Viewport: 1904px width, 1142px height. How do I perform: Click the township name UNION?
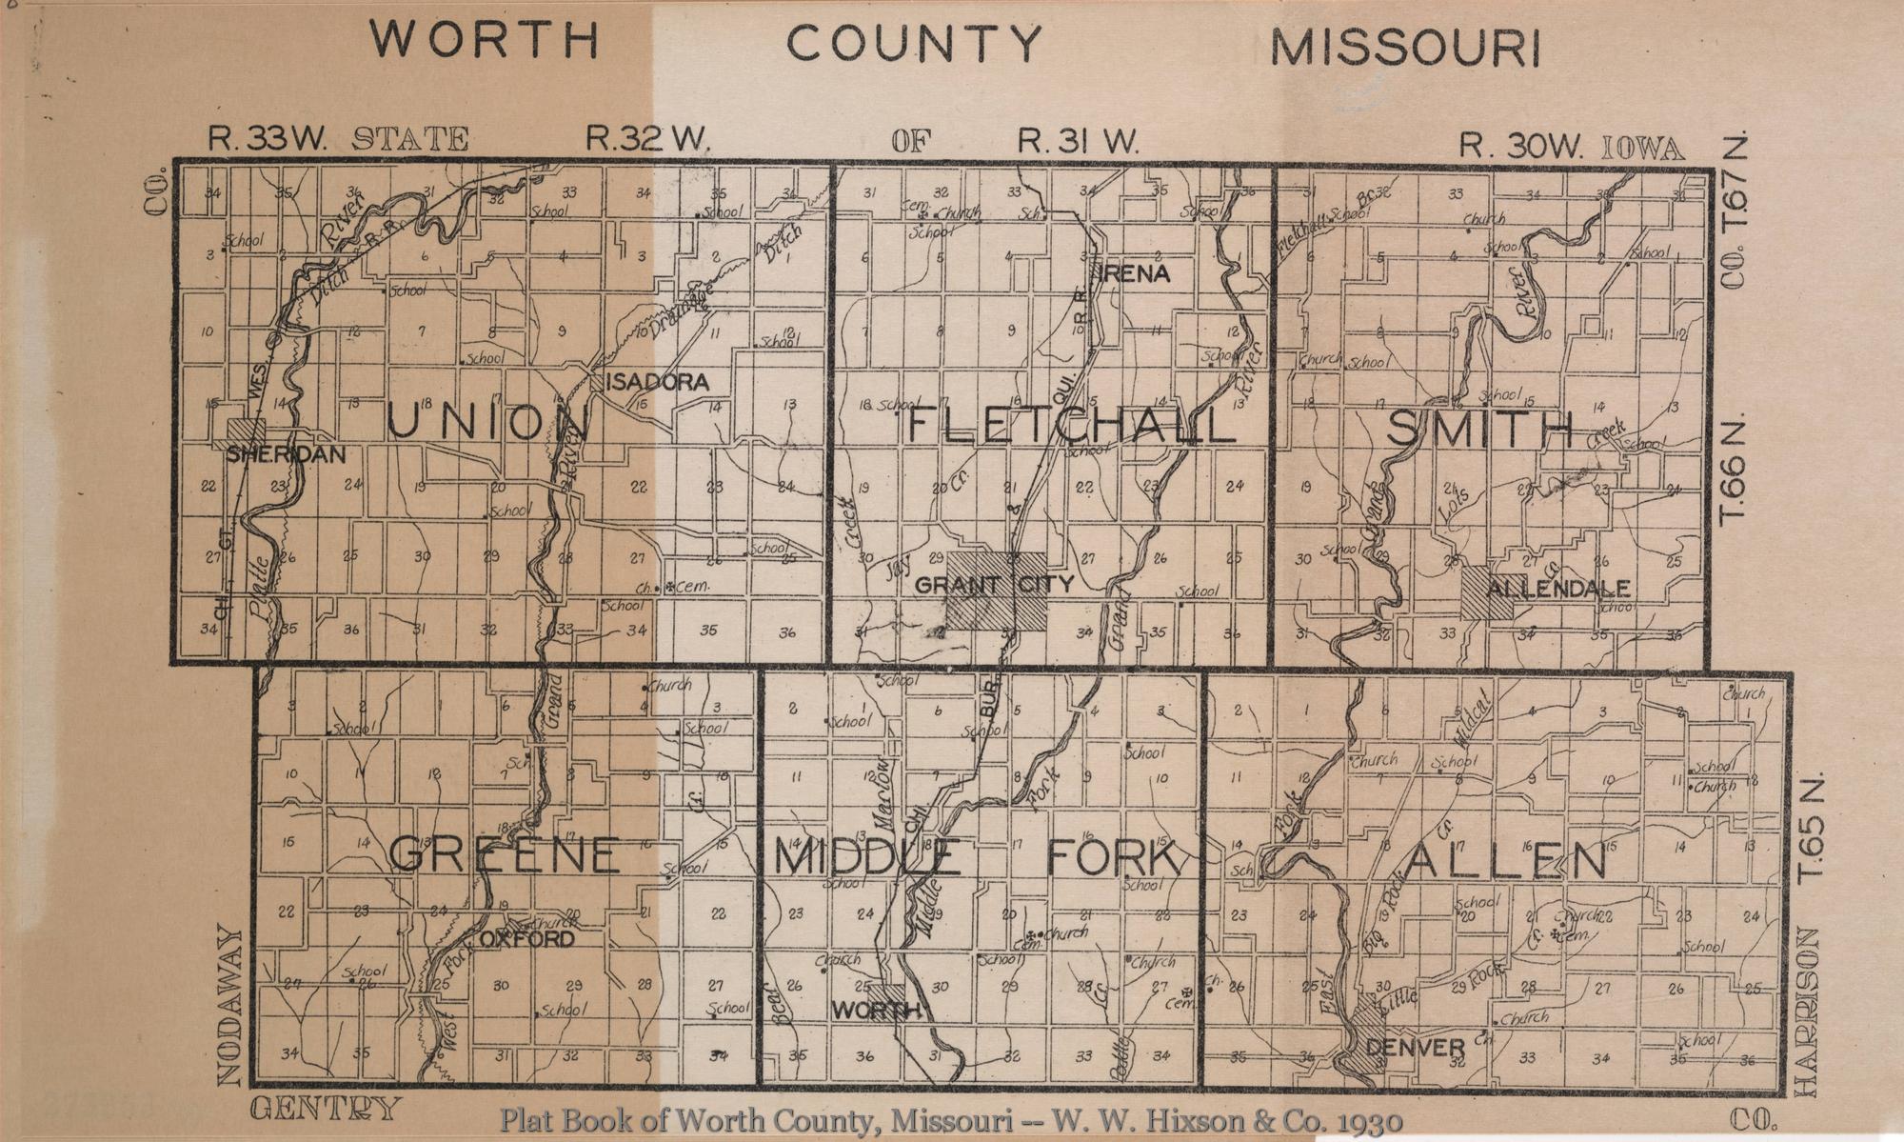(x=488, y=423)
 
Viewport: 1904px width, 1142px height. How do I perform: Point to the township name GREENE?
(x=505, y=854)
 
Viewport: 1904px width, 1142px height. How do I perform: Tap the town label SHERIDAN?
(x=286, y=455)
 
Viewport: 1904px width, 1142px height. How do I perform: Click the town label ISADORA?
(x=658, y=383)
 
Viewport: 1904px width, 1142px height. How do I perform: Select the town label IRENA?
(x=1135, y=274)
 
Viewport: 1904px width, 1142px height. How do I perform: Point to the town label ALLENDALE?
(x=1558, y=589)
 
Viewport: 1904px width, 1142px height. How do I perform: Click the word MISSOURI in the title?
(x=1405, y=49)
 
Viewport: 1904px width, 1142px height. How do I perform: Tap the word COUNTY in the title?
(x=914, y=44)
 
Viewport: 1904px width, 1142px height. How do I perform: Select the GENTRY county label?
(x=325, y=1109)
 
